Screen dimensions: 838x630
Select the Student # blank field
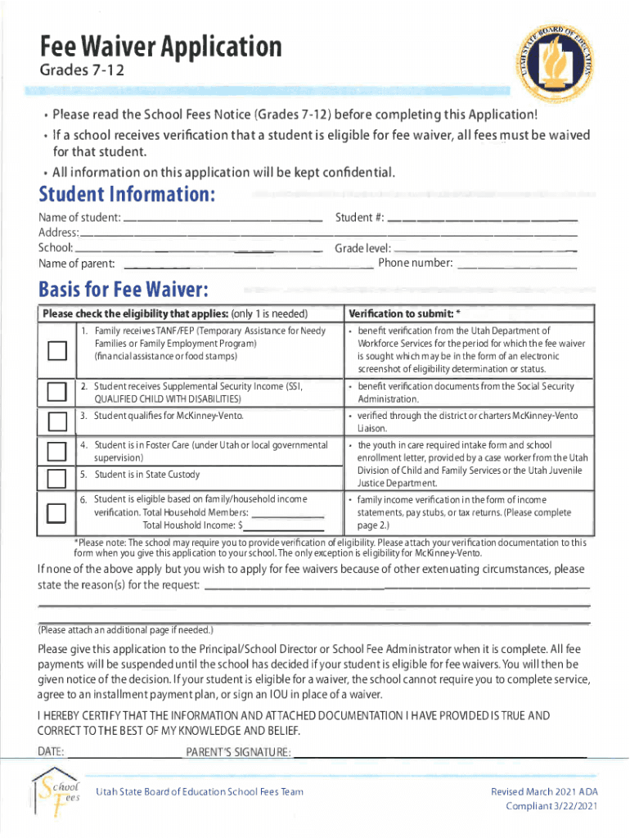tap(482, 219)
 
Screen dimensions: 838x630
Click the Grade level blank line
tap(486, 249)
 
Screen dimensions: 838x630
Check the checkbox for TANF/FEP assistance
tap(56, 350)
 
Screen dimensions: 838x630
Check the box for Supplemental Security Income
tap(56, 392)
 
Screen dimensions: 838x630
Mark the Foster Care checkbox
tap(56, 451)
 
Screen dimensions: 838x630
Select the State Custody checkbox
tap(56, 477)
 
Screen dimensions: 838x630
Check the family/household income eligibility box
tap(56, 512)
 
